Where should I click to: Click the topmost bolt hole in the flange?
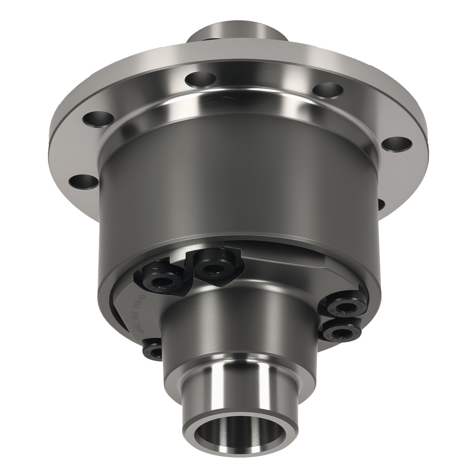(201, 79)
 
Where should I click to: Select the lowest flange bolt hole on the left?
(83, 182)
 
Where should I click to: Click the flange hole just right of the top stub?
(328, 90)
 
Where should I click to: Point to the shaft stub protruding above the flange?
(238, 33)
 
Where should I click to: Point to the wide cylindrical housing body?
(238, 190)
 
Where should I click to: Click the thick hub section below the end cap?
(238, 328)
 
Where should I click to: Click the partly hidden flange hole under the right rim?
(381, 204)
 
